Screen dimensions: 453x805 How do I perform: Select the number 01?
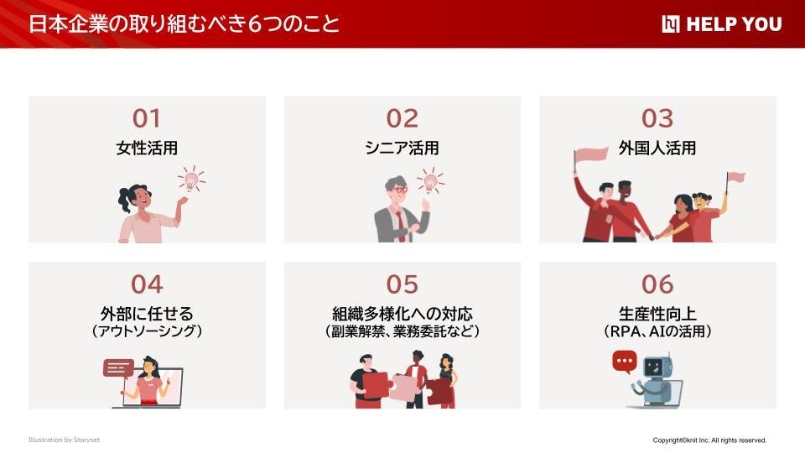[x=147, y=119]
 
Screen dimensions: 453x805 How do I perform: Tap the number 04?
[x=147, y=284]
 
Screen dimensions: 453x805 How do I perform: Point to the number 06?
[x=657, y=284]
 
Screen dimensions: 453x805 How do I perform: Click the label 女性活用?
[x=147, y=148]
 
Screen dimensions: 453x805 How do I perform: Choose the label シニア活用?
[x=402, y=148]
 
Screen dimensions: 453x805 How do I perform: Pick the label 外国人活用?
[x=657, y=148]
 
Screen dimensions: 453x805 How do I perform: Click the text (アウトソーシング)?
[x=147, y=332]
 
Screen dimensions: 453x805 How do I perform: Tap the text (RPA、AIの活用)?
[x=657, y=332]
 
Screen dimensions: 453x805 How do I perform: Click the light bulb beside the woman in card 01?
[x=191, y=180]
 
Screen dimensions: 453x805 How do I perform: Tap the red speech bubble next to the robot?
[x=625, y=362]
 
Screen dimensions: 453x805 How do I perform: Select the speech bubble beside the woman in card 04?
[x=118, y=368]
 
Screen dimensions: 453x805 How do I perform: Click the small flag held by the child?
[x=735, y=178]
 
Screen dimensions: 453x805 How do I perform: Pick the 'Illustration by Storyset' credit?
[x=64, y=440]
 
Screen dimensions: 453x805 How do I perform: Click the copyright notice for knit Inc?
[x=709, y=440]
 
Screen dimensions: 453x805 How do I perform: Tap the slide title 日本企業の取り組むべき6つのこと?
[x=184, y=23]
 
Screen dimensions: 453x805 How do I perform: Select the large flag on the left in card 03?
[x=590, y=155]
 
